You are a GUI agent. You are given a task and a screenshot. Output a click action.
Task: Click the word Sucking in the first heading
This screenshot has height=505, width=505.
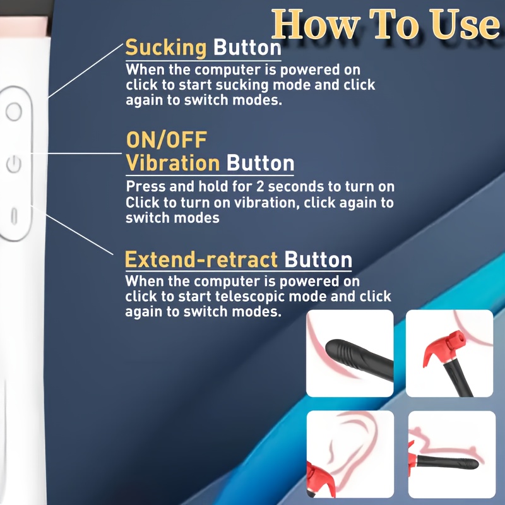[x=166, y=49]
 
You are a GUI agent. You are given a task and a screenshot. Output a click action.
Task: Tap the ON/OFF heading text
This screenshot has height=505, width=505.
[x=167, y=140]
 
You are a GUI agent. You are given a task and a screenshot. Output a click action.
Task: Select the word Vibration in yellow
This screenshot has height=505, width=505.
[x=173, y=163]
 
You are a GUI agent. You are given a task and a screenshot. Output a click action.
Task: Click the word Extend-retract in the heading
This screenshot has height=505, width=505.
[x=201, y=259]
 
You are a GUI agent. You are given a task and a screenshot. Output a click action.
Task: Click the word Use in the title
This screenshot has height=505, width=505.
[x=466, y=25]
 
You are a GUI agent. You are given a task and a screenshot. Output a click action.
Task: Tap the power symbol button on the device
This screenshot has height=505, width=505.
[x=14, y=164]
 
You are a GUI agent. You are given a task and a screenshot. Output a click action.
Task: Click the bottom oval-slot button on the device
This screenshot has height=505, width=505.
[x=14, y=216]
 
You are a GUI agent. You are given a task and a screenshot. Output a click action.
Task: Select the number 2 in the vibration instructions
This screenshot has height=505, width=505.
[x=260, y=187]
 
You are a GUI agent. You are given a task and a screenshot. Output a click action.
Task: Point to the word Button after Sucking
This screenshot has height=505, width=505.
[x=247, y=49]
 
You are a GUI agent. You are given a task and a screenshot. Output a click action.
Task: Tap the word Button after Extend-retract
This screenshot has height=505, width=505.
[x=318, y=259]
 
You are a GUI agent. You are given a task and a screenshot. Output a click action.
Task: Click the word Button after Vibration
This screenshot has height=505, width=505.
[x=260, y=163]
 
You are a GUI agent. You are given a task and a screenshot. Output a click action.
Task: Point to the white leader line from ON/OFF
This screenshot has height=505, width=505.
[x=76, y=153]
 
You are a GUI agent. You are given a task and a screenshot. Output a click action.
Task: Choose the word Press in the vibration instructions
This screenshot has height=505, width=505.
[x=146, y=187]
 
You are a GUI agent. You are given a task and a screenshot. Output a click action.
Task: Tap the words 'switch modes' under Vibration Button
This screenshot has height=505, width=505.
[x=172, y=218]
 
